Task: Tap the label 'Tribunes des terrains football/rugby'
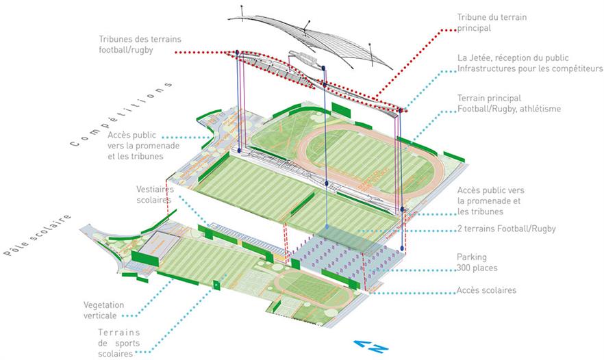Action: [140, 44]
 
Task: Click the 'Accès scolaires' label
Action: [486, 290]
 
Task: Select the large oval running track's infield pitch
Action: [360, 154]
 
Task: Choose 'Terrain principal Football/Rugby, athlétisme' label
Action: [508, 103]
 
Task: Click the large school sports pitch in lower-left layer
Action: [205, 260]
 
